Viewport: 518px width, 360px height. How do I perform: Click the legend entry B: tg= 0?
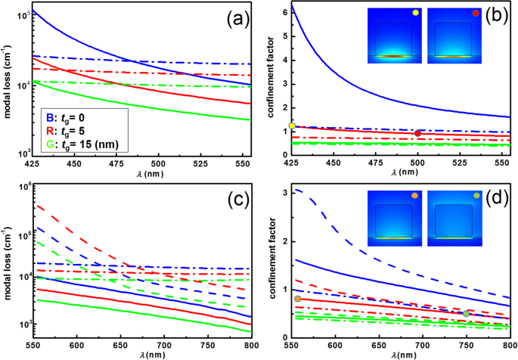tap(67, 117)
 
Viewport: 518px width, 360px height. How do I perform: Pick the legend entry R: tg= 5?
tap(67, 130)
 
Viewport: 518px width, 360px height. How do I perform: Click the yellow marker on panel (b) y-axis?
tap(292, 126)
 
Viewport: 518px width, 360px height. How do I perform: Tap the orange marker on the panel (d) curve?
tap(298, 299)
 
